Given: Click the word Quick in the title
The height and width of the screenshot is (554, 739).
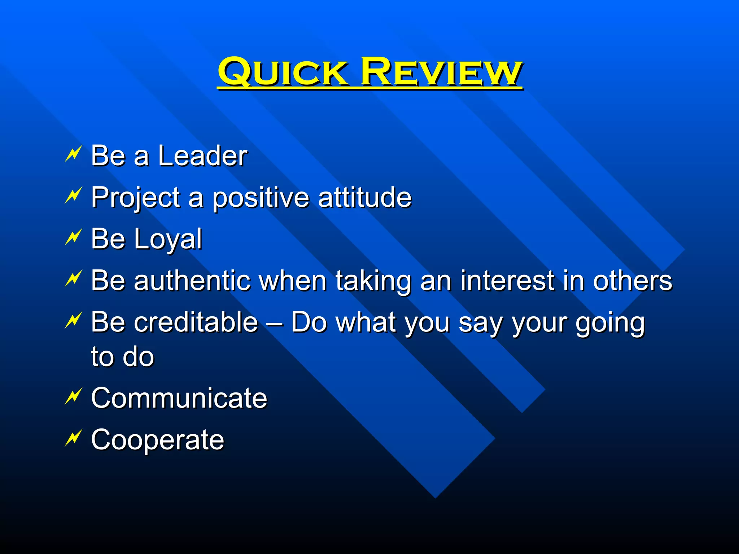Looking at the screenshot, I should click(x=283, y=72).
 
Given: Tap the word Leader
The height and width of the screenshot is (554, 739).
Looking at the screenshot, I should click(x=202, y=156).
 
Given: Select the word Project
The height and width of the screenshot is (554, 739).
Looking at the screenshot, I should click(x=136, y=198).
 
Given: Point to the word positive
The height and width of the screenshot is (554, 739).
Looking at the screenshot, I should click(x=260, y=198).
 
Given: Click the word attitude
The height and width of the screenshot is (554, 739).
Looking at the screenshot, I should click(x=364, y=197).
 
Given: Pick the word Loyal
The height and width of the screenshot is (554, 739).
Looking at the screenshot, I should click(x=168, y=239).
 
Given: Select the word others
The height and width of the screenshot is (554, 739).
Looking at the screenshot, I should click(x=632, y=281).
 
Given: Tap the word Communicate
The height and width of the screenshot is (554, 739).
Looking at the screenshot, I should click(x=179, y=398).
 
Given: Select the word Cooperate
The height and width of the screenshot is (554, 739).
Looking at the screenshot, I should click(x=157, y=440).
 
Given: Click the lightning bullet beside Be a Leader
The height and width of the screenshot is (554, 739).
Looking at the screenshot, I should click(x=74, y=154).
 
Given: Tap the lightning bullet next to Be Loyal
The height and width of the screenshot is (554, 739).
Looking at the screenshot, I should click(x=74, y=237).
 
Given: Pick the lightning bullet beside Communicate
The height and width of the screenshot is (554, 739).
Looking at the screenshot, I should click(x=74, y=396).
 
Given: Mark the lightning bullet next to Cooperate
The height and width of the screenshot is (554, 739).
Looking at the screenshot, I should click(x=74, y=438).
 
